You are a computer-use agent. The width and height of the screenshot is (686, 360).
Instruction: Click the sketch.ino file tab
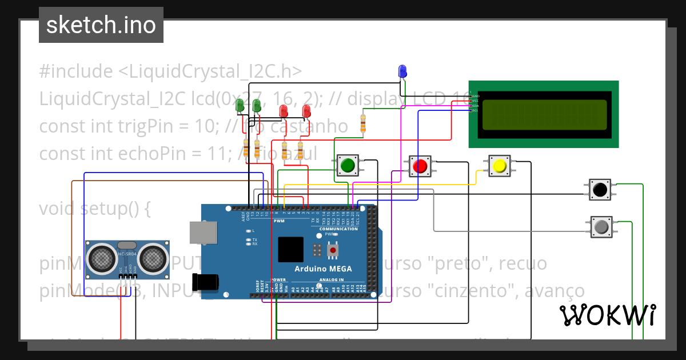point(101,25)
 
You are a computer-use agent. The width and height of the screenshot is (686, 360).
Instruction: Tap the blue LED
point(402,71)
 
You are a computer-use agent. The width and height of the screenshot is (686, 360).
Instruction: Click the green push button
point(347,165)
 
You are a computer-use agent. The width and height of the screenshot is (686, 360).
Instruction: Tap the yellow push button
point(499,166)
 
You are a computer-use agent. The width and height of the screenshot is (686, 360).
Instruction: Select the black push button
point(600,189)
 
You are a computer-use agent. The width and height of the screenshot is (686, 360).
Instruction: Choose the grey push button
point(601,227)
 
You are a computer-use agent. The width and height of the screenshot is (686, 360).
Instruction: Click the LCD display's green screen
point(544,114)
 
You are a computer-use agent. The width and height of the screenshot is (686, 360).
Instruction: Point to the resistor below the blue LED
point(362,123)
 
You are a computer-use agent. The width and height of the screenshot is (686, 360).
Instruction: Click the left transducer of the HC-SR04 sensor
point(102,258)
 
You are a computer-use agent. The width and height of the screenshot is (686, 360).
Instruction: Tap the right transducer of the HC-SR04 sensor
point(153,258)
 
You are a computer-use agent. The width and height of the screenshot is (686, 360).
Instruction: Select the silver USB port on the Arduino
point(201,233)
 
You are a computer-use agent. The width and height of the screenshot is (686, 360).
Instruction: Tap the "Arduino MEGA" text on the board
point(323,269)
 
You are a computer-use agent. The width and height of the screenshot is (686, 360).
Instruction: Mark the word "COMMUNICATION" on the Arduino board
point(338,229)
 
